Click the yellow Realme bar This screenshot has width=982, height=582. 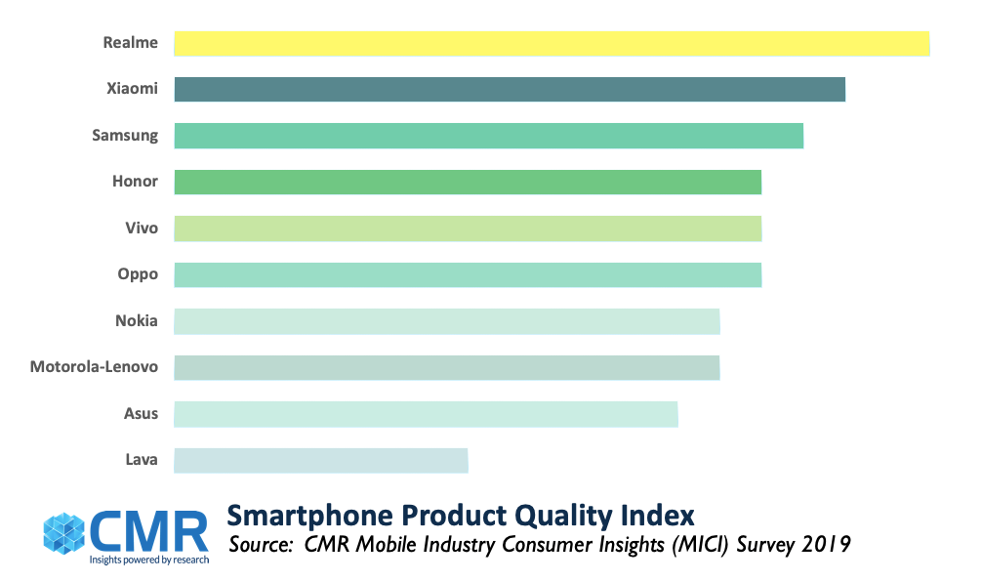pos(552,43)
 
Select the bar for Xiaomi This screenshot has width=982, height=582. pos(510,89)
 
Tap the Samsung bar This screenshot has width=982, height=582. pos(488,136)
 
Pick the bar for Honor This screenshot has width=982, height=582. pos(468,182)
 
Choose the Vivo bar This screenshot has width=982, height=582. pos(468,229)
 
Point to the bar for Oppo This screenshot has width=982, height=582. pos(468,274)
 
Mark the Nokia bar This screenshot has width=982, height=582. pos(447,321)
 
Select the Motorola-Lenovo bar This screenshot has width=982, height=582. pos(447,367)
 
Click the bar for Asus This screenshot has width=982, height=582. pos(426,414)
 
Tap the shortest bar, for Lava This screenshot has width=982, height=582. pos(321,460)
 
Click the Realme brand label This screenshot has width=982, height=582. pos(130,43)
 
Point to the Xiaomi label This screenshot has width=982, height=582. pos(132,89)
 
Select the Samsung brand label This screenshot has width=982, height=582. pos(125,136)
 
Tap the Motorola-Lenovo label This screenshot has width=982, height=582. pos(94,367)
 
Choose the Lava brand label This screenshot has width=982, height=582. pos(141,460)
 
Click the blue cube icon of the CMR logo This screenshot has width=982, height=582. pos(66,531)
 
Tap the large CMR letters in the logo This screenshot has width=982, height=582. pos(149,530)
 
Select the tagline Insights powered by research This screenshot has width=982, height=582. pos(147,561)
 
